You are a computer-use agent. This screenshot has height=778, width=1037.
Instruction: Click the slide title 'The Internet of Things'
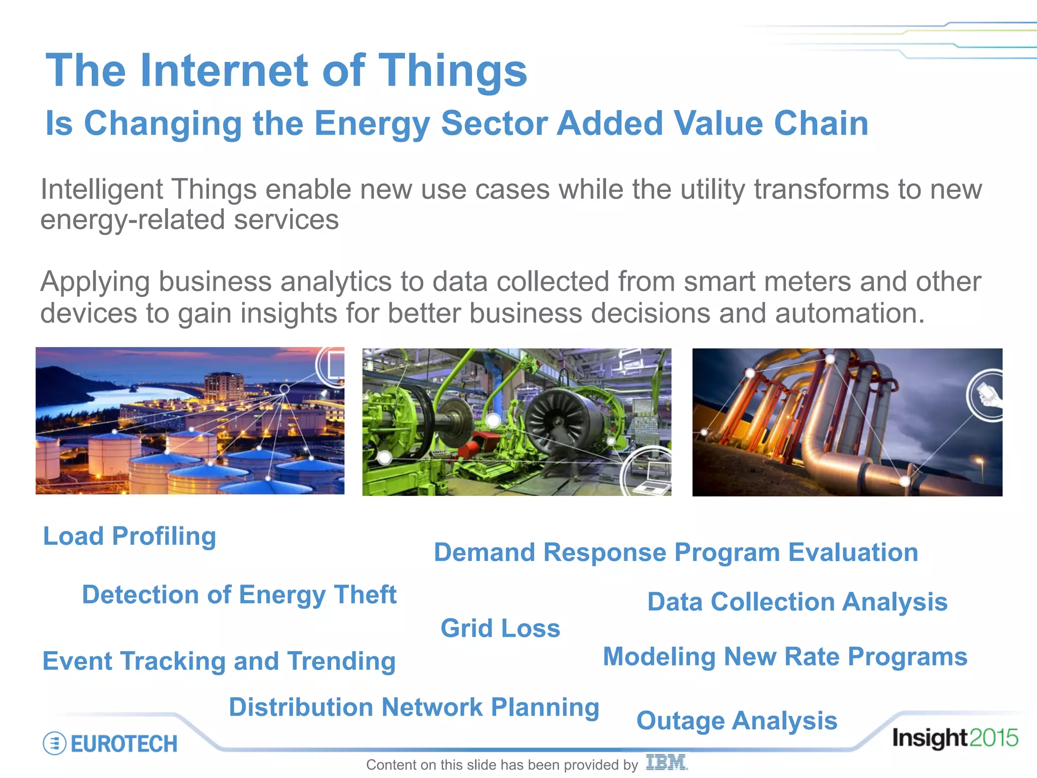(286, 70)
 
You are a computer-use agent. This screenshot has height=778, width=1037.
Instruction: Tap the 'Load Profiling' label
(130, 536)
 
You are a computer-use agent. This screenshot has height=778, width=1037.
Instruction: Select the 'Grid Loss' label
(500, 629)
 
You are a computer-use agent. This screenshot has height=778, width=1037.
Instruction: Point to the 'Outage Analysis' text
(737, 721)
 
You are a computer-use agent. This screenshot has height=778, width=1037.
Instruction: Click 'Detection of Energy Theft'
(239, 595)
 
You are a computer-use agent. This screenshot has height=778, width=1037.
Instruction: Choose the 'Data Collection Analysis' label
(797, 602)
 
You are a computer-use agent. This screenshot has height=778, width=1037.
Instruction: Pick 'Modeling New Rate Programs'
(785, 657)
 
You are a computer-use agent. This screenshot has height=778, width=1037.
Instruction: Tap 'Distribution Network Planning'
(414, 707)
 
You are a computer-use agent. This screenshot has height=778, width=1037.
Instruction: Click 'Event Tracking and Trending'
(219, 662)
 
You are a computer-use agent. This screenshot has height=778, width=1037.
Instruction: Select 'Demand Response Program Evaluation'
(676, 553)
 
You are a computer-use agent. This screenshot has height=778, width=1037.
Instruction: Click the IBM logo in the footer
(666, 762)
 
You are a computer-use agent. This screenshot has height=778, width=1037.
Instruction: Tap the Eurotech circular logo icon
(54, 744)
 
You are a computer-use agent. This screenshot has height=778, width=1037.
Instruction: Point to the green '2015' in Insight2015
(994, 738)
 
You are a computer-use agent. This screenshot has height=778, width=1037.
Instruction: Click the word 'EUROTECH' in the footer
(124, 744)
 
